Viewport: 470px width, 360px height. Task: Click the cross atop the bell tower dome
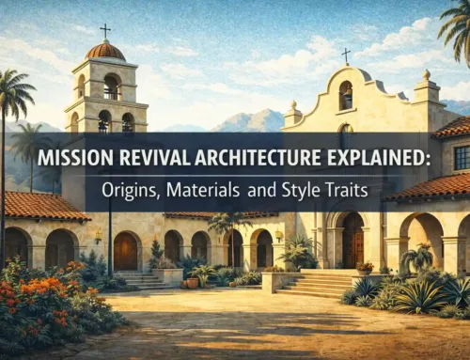click(x=105, y=32)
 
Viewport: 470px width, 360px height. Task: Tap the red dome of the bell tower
click(x=106, y=51)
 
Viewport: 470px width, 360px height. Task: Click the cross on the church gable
click(x=346, y=55)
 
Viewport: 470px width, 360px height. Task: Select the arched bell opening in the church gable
click(x=346, y=95)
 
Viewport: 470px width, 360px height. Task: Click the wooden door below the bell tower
click(x=126, y=251)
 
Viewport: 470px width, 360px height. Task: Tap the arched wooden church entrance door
click(x=353, y=241)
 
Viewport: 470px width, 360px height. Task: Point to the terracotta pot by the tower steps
click(x=193, y=282)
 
